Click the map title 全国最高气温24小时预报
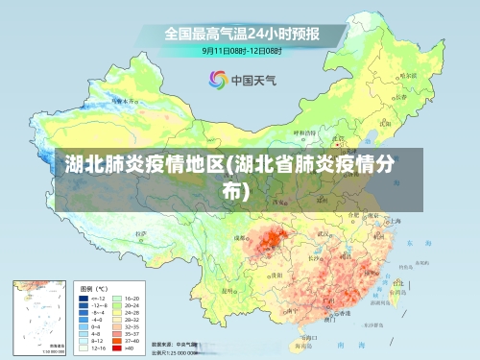(x=240, y=33)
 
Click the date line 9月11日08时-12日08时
(x=240, y=49)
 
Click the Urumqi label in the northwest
(x=119, y=99)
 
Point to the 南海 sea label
(x=330, y=343)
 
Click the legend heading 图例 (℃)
(x=94, y=287)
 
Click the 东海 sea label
(x=414, y=243)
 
